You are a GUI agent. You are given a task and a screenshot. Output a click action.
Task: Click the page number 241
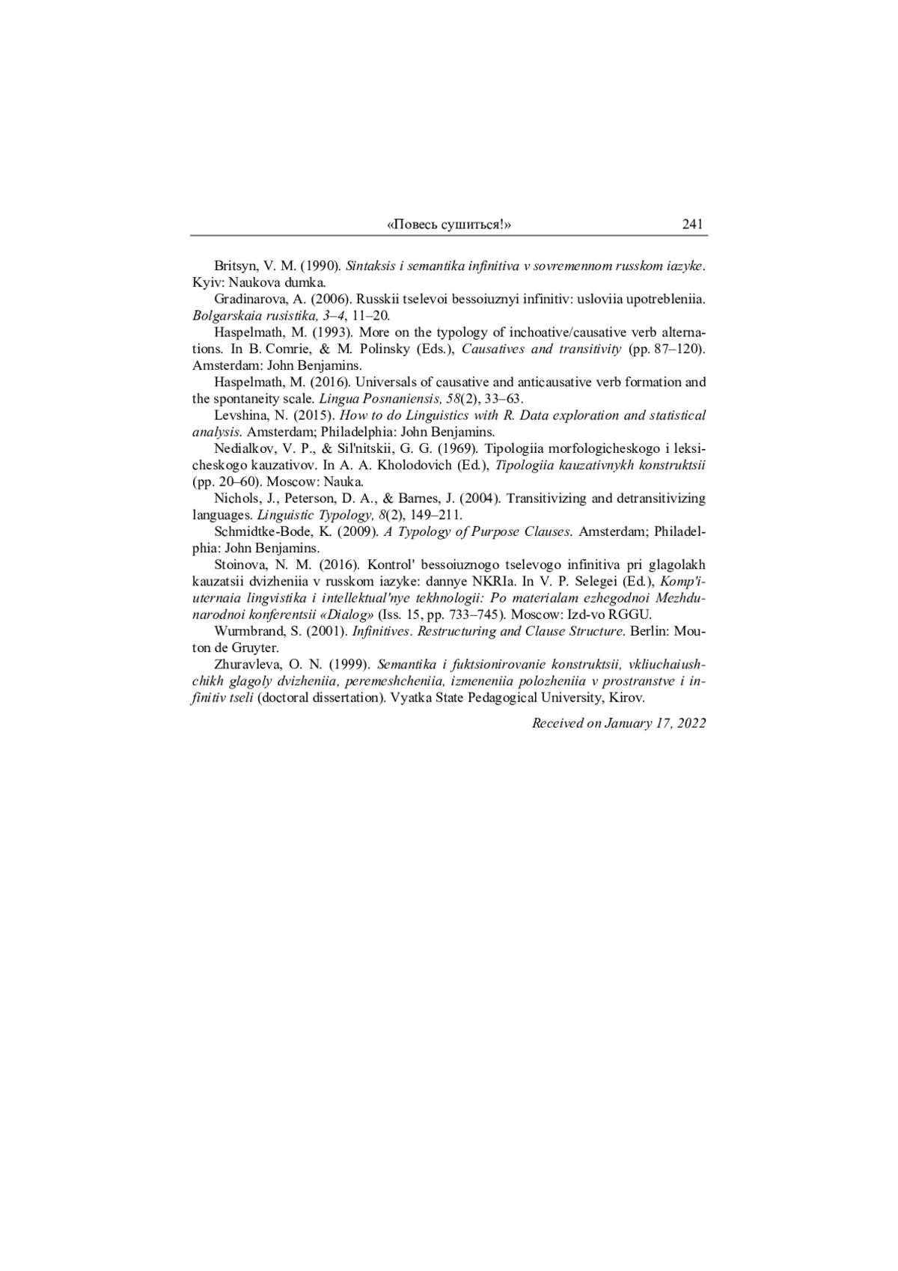pyautogui.click(x=692, y=225)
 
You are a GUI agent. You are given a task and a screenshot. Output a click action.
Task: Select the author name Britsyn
pyautogui.click(x=234, y=266)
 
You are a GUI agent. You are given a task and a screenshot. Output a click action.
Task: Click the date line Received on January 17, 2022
pyautogui.click(x=619, y=723)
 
